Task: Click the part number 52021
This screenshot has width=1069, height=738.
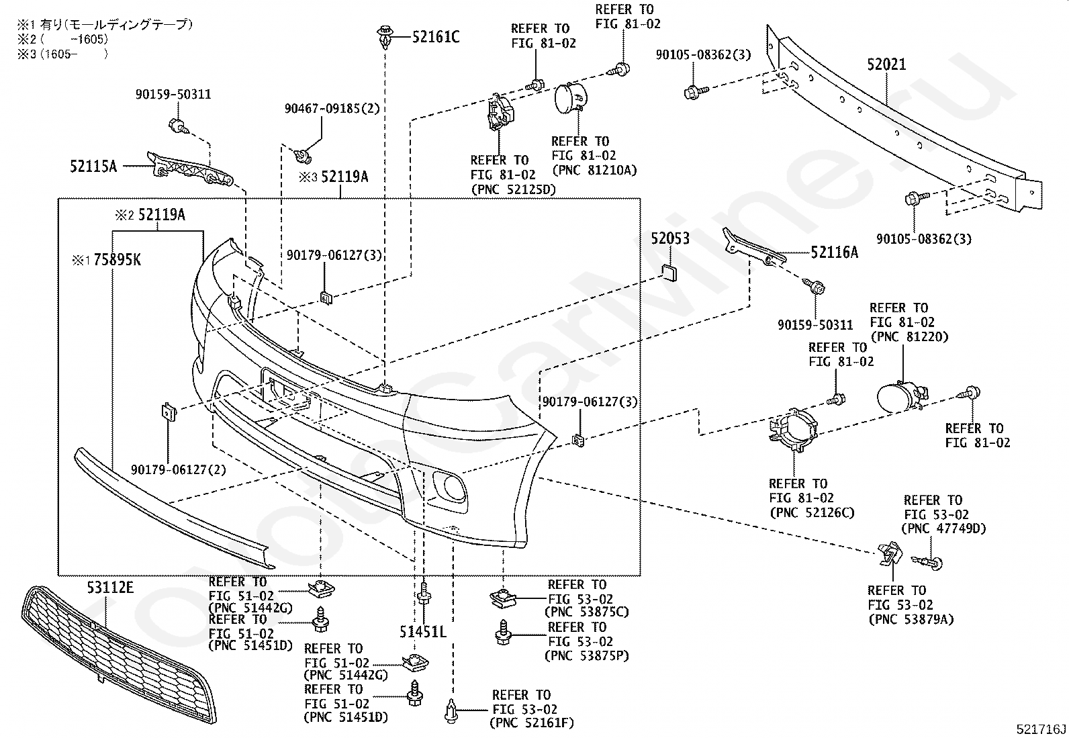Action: coord(886,64)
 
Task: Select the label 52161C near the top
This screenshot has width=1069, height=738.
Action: coord(436,37)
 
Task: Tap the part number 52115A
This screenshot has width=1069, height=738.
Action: coord(93,166)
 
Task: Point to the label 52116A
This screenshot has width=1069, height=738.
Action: coord(834,252)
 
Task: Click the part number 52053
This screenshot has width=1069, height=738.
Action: coord(670,238)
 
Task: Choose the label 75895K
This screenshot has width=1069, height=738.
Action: coord(117,260)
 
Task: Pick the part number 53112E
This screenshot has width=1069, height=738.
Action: coord(110,588)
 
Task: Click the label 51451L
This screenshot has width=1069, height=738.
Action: coord(423,632)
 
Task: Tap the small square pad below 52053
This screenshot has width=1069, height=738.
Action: coord(669,273)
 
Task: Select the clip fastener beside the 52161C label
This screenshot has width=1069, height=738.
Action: coord(385,38)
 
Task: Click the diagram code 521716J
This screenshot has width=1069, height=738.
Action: coord(1041,729)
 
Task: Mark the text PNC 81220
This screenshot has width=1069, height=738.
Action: coord(910,337)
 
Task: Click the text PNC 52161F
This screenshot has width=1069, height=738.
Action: coord(532,723)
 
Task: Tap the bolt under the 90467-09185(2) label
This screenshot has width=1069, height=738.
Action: coord(302,156)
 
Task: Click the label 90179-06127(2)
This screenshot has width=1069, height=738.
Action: coord(179,469)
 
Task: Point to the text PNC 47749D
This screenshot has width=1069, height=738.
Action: coord(943,528)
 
